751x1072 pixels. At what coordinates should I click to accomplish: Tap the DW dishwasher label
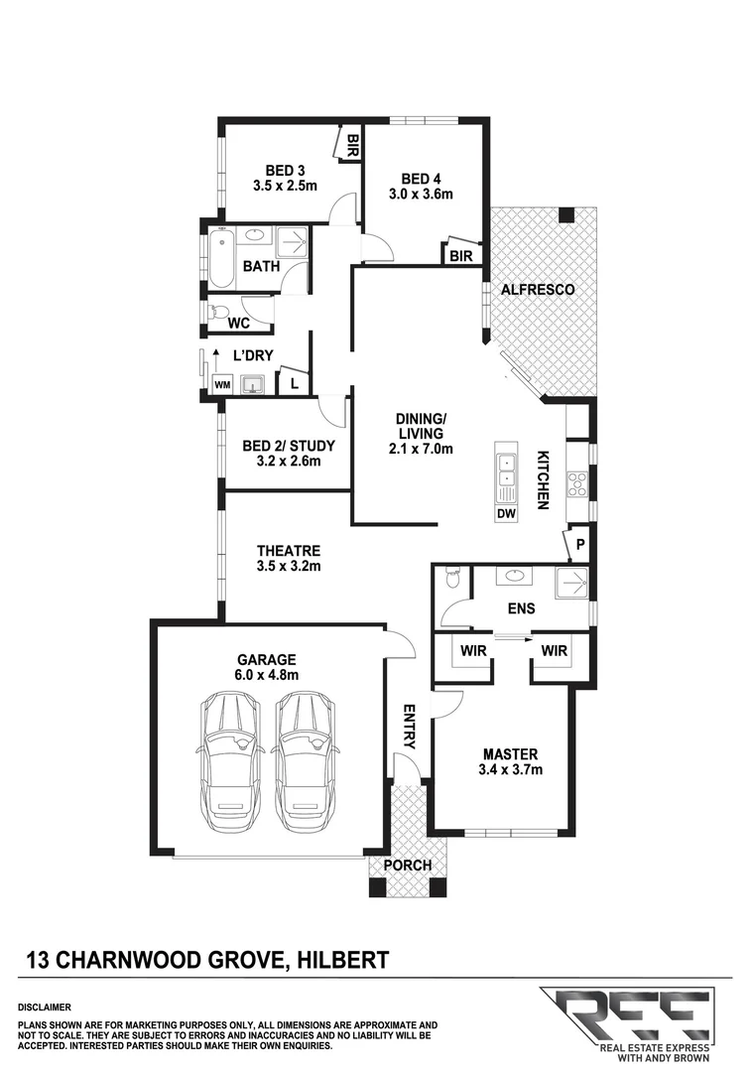[506, 513]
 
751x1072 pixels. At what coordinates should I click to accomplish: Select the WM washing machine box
[221, 384]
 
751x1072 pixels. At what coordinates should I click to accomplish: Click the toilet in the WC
[220, 313]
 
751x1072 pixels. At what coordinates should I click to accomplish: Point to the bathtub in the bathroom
[220, 259]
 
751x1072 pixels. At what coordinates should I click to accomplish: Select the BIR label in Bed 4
[461, 256]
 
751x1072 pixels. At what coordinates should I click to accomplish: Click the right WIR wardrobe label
[554, 652]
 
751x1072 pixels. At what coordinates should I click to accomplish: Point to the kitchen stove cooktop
[576, 483]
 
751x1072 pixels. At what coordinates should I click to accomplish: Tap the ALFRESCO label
[540, 290]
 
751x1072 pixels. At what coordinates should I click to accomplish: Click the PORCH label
[408, 865]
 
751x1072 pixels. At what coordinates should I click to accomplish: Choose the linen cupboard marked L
[295, 381]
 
